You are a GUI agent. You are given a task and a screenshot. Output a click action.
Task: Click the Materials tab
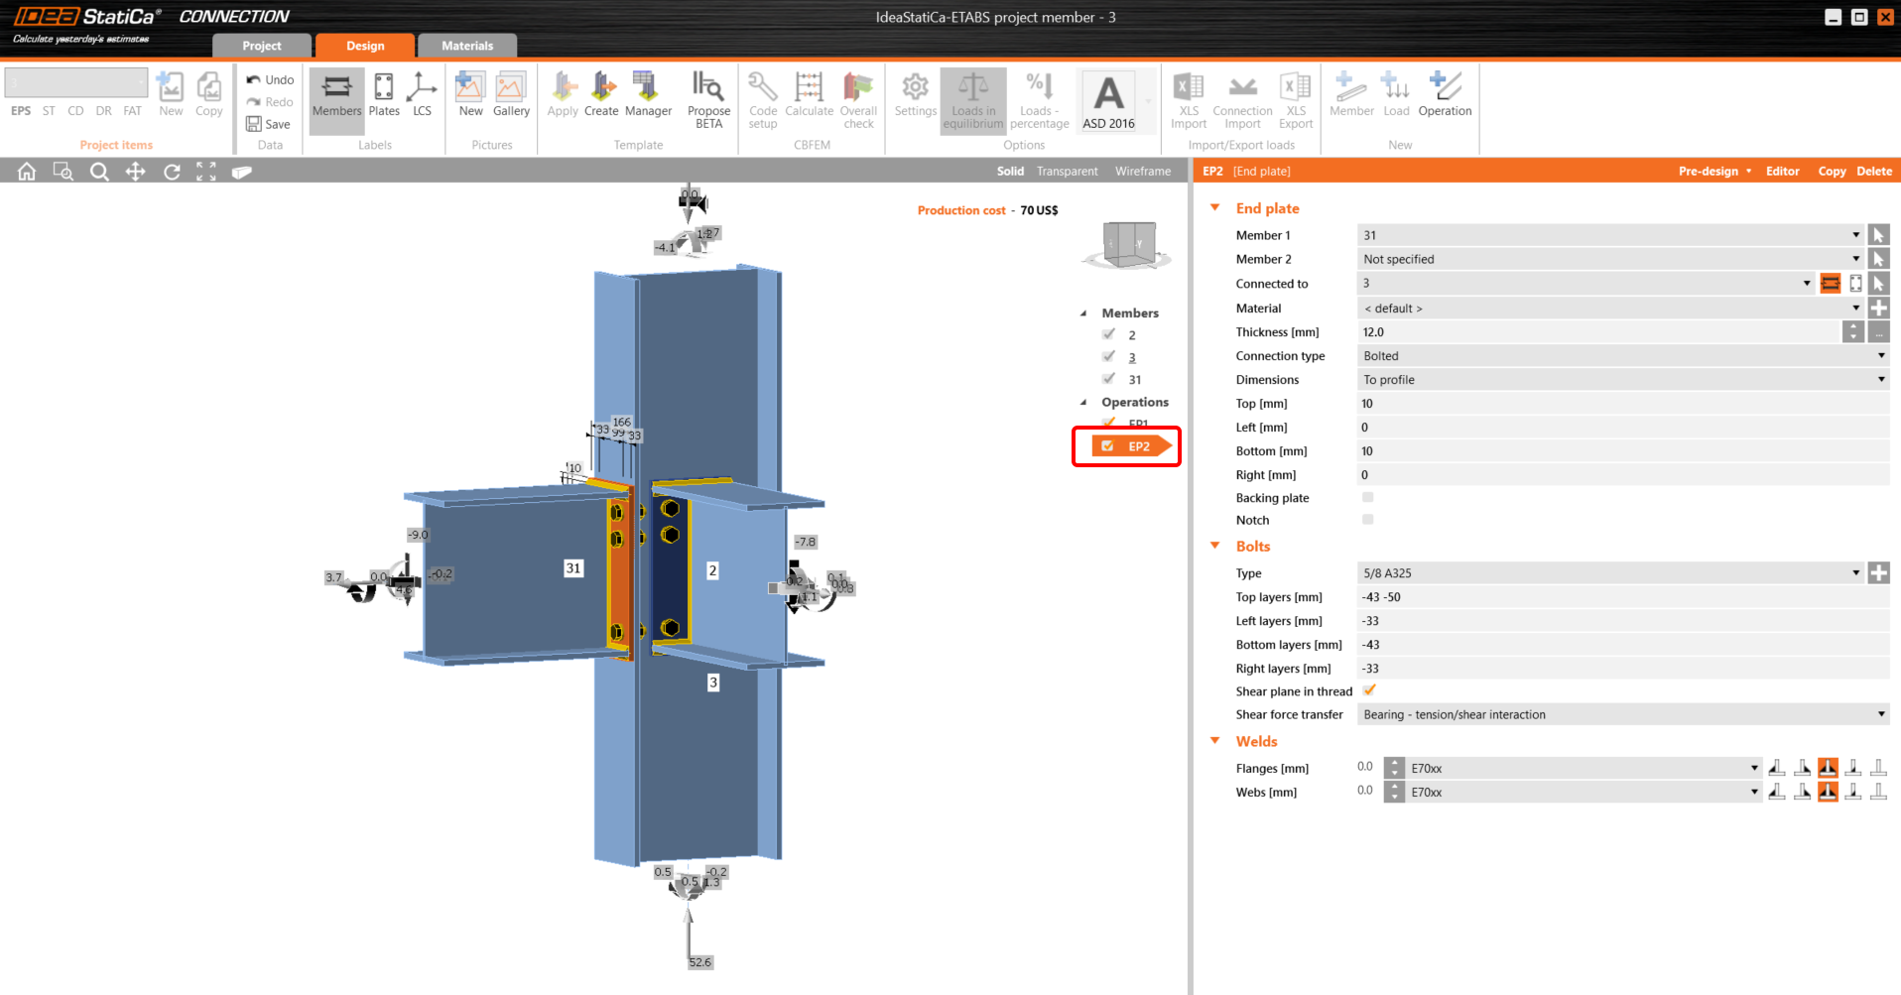(467, 46)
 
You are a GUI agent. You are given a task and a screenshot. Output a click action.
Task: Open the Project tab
(262, 46)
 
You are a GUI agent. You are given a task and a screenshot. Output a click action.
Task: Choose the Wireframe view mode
(1143, 172)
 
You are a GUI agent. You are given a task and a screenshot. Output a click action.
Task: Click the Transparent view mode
(1067, 172)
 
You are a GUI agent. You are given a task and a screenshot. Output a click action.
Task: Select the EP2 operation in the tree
(1138, 446)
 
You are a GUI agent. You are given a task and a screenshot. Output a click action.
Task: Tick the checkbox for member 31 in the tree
(1109, 379)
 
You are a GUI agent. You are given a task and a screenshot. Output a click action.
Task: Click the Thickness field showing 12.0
(1597, 332)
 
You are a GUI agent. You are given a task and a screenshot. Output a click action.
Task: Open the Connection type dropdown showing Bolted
(1622, 356)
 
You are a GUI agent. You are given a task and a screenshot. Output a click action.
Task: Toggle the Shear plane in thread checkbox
(1369, 690)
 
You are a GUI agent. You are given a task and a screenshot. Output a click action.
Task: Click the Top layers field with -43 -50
(1622, 597)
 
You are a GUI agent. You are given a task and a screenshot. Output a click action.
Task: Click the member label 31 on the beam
(573, 568)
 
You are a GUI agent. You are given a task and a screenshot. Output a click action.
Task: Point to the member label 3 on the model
(712, 683)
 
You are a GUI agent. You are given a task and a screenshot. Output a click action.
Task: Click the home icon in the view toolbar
(27, 172)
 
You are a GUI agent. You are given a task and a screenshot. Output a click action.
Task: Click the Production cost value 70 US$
(1039, 210)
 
